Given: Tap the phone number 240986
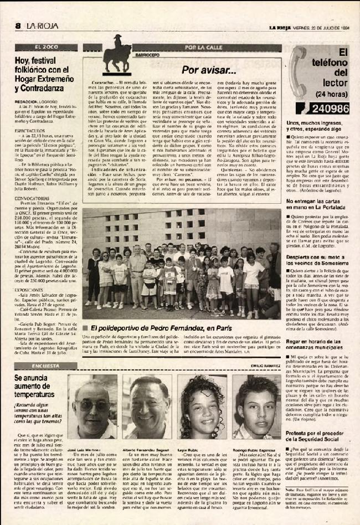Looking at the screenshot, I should pos(331,109).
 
